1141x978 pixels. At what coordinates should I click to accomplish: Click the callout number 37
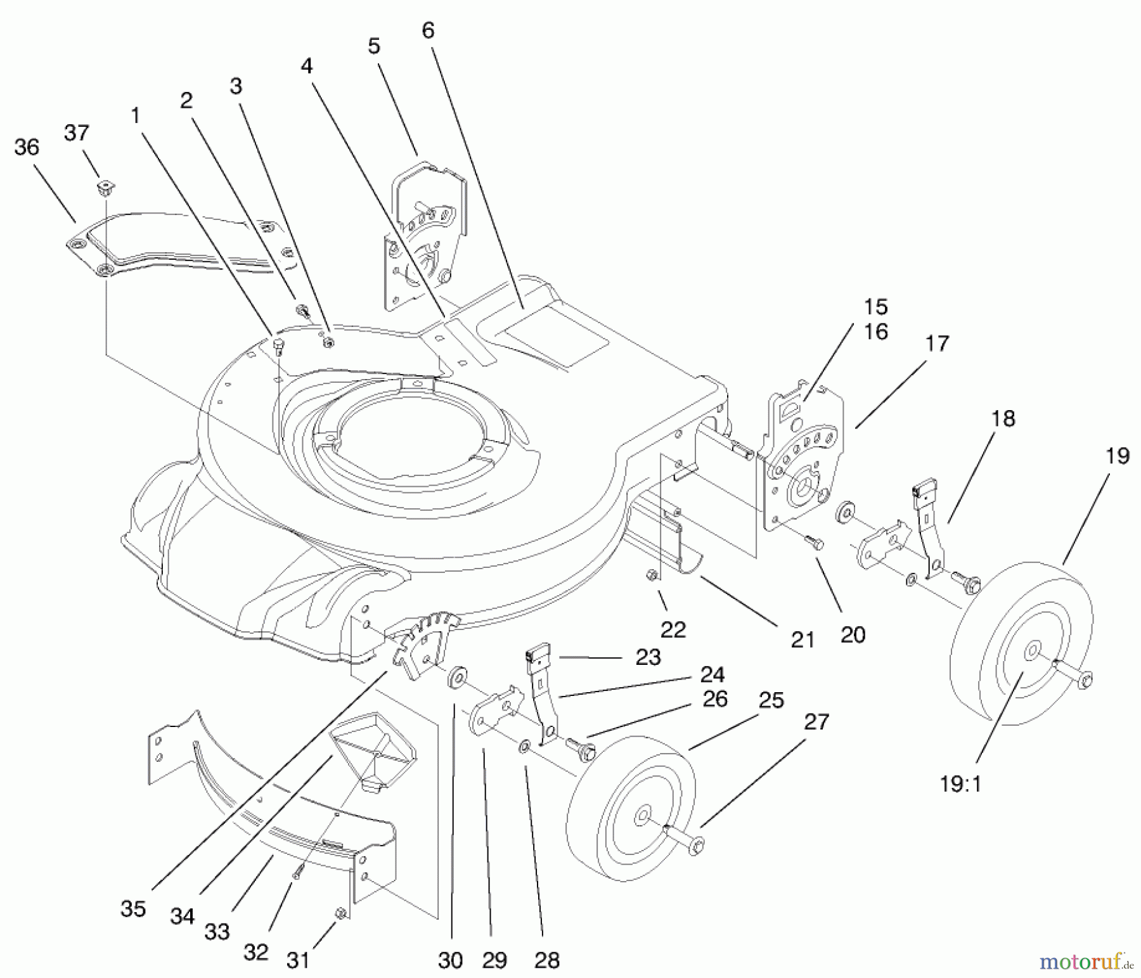[x=77, y=133]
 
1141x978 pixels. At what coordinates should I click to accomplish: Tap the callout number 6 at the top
[x=428, y=30]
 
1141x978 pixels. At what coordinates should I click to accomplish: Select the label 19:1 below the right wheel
[x=960, y=784]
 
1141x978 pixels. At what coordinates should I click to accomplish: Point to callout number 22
[x=673, y=629]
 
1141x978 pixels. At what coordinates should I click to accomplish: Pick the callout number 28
[x=546, y=960]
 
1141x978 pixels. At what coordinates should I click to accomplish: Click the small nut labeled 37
[x=105, y=187]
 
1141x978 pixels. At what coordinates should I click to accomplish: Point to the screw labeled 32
[x=296, y=873]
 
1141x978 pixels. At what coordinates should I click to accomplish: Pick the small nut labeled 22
[x=650, y=575]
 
